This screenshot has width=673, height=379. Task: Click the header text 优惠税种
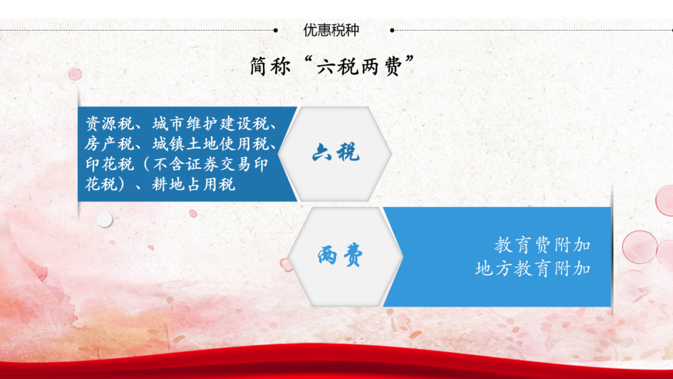pos(331,30)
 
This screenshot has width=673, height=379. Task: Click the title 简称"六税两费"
pos(332,67)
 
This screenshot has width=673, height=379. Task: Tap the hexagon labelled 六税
pos(335,154)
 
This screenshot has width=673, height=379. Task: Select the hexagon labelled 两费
pos(345,257)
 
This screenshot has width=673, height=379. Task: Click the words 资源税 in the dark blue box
pos(110,124)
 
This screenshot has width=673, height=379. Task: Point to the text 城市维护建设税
pos(211,124)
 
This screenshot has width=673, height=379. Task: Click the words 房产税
pos(110,144)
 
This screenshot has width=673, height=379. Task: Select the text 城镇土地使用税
pos(211,144)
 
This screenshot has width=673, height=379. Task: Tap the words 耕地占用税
pos(194,185)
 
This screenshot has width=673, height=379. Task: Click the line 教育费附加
pos(542,246)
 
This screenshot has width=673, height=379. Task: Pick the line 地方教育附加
pos(533,269)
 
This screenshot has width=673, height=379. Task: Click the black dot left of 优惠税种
pos(275,31)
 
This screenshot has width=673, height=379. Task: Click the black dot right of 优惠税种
pos(392,31)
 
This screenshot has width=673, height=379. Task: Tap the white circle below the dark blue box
pos(104,219)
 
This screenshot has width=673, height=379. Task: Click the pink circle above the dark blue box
pos(75,74)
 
